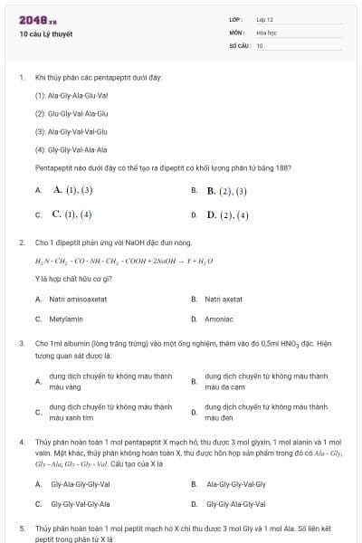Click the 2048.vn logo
point(33,20)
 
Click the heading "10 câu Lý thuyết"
point(46,34)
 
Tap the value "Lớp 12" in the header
point(265,19)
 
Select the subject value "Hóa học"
point(266,32)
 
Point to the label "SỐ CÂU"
point(238,45)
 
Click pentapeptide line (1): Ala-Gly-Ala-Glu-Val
point(71,95)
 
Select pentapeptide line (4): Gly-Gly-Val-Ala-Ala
point(71,149)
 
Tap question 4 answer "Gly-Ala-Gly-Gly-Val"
point(81,484)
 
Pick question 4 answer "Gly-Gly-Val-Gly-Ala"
point(81,504)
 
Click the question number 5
point(22,527)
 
